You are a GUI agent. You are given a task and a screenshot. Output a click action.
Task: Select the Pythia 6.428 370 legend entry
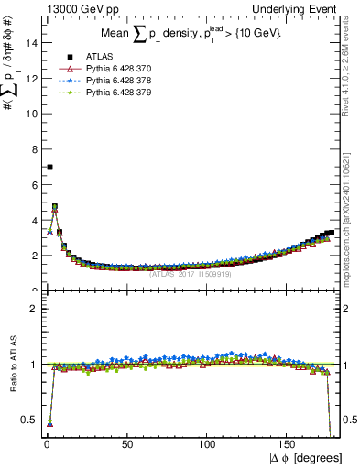(x=119, y=70)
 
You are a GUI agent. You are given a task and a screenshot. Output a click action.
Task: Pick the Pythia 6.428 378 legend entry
(x=119, y=81)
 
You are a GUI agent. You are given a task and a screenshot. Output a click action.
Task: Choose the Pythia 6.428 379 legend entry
(x=119, y=93)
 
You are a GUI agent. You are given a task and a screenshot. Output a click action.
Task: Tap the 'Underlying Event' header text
(x=298, y=8)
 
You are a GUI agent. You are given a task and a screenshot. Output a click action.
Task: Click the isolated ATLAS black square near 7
(x=49, y=167)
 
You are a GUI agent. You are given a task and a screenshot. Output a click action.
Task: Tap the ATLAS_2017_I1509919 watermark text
(x=191, y=273)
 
